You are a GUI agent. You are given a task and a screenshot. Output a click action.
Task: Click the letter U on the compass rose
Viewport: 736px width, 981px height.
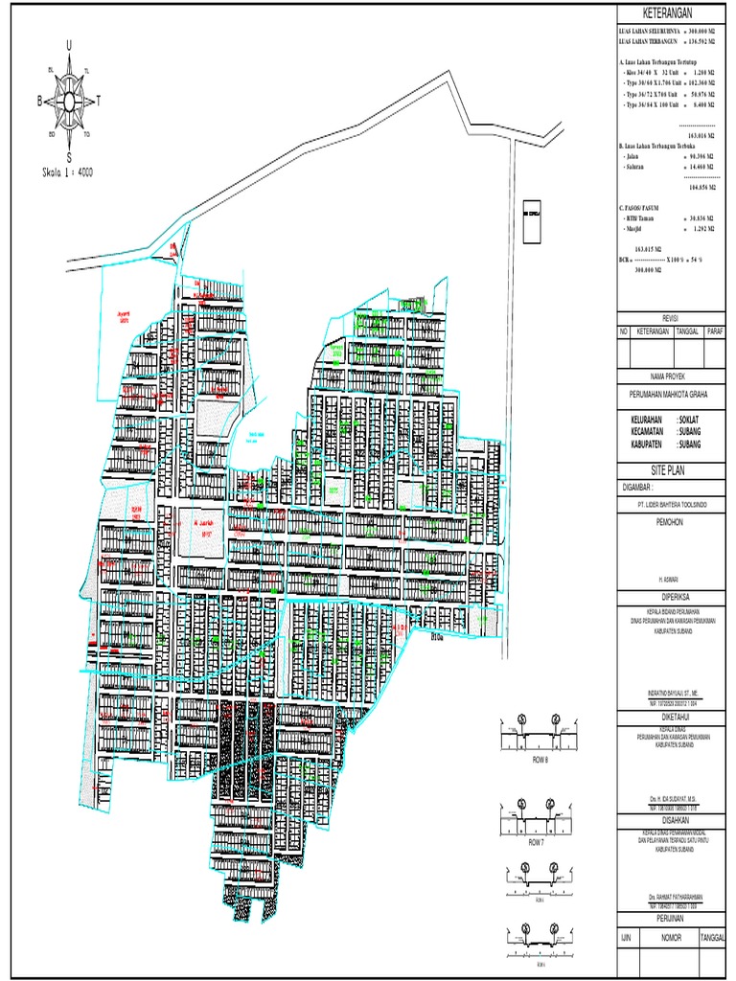[x=68, y=45]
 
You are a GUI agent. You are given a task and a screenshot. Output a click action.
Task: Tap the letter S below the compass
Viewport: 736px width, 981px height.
[x=68, y=157]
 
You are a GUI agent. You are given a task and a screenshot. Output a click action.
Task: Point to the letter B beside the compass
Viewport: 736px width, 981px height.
[x=39, y=100]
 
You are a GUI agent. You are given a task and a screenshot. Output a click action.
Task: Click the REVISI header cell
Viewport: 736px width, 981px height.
[x=670, y=317]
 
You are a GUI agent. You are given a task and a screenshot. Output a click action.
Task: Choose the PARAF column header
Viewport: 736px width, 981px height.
[x=714, y=331]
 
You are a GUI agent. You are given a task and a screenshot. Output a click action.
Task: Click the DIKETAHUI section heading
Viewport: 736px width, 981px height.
[x=670, y=715]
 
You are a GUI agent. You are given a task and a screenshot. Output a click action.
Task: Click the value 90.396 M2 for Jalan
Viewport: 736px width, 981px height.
[x=702, y=154]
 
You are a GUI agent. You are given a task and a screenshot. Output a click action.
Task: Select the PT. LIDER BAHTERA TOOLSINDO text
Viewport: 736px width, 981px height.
[x=670, y=500]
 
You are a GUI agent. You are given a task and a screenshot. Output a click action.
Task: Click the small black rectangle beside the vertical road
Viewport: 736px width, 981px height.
[x=528, y=216]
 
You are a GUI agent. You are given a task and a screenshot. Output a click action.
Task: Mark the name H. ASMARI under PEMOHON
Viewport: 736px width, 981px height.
[x=670, y=580]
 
